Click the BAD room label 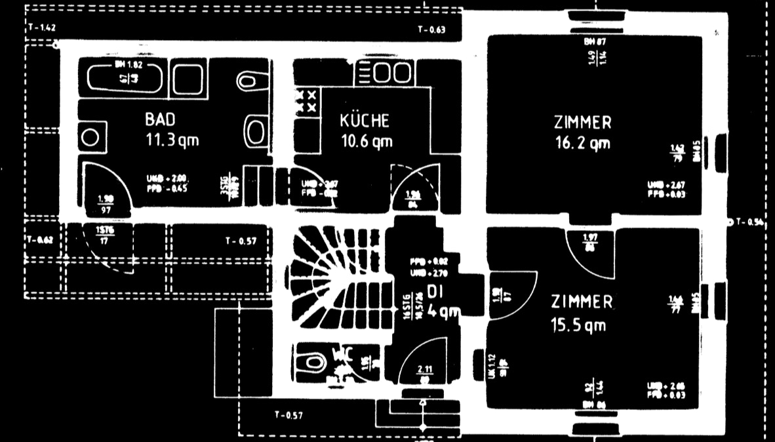tap(160, 120)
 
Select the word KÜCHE tap(365, 121)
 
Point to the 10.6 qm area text tap(367, 140)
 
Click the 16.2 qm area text tap(582, 142)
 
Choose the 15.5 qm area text tap(578, 325)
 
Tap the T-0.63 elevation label tap(431, 30)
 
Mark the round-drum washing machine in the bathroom tap(90, 138)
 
